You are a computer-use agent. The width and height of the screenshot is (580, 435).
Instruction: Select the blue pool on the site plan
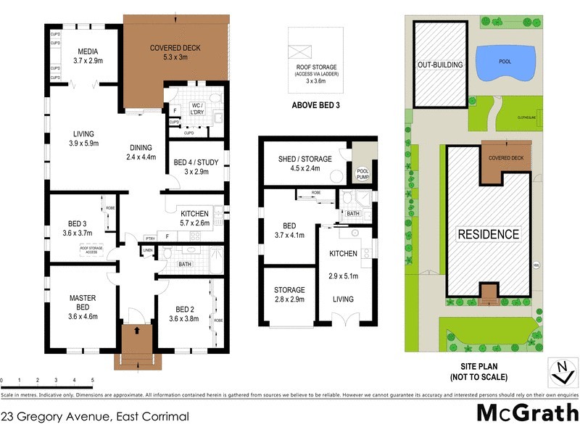point(505,62)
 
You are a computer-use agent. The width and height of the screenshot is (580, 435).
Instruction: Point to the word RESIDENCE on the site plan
point(487,234)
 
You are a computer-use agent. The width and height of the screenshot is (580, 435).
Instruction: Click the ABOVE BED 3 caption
point(316,104)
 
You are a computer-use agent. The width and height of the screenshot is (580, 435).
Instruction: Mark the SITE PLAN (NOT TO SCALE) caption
point(473,372)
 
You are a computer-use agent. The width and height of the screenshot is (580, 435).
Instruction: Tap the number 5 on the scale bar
point(93,380)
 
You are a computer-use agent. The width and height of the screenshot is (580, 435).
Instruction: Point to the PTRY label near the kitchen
point(150,238)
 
